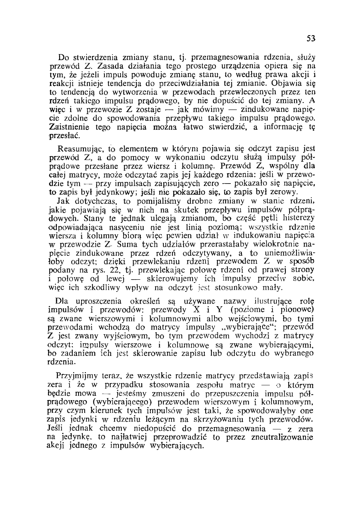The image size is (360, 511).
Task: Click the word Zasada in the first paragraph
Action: pyautogui.click(x=109, y=65)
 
